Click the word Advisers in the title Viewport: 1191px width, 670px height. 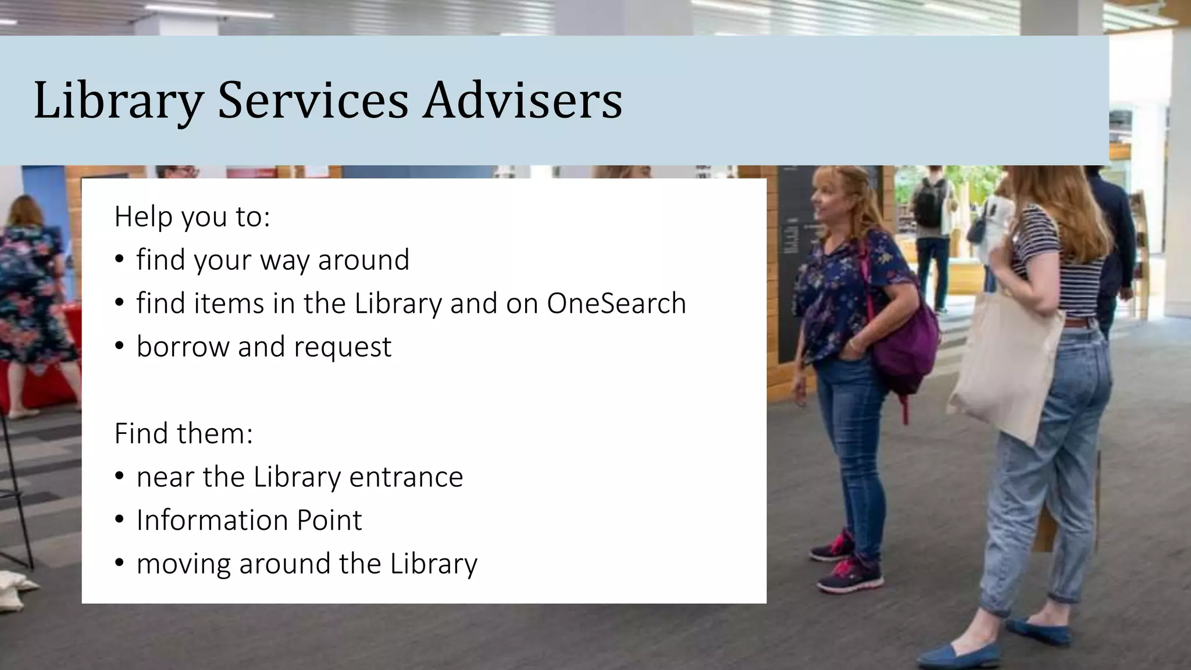(522, 100)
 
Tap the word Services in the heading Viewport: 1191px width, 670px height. (313, 100)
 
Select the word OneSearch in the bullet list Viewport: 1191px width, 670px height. (616, 303)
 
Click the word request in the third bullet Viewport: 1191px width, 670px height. (343, 347)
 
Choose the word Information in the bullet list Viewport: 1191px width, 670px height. (212, 520)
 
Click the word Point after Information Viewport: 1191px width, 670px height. (329, 520)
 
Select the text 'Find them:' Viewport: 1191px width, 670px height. (184, 433)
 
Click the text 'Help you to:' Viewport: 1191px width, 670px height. (192, 216)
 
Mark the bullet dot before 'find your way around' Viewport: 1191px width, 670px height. (120, 260)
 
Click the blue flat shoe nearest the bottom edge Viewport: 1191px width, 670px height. (954, 655)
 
